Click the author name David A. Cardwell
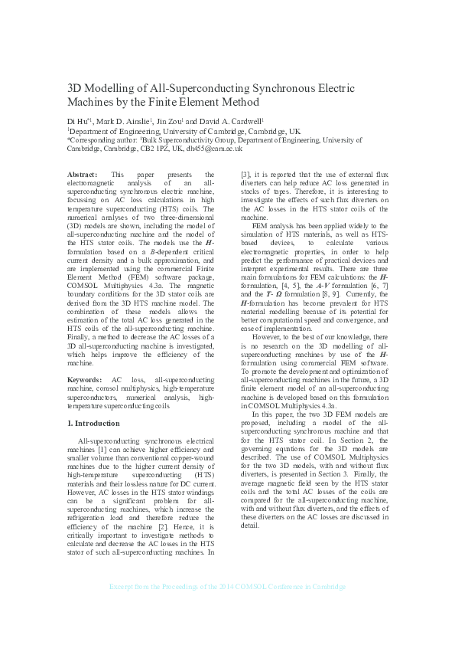pyautogui.click(x=232, y=121)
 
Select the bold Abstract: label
pyautogui.click(x=83, y=175)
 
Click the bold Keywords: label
pyautogui.click(x=85, y=380)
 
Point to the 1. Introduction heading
pyautogui.click(x=97, y=423)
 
